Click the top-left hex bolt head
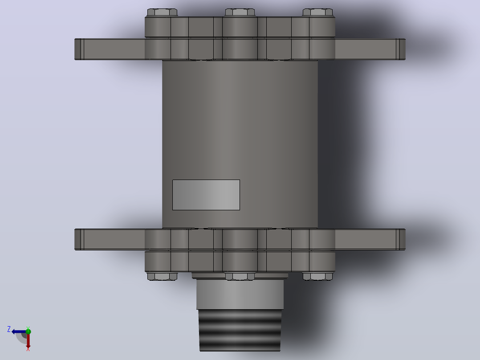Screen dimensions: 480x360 tap(162, 12)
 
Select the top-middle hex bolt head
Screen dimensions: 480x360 tap(240, 12)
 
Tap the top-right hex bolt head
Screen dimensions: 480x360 tap(318, 12)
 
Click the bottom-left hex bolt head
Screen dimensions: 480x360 tap(162, 276)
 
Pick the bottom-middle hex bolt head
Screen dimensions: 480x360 tap(240, 276)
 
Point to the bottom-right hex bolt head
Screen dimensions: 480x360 tap(318, 276)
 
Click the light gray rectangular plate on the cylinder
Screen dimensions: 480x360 tap(206, 195)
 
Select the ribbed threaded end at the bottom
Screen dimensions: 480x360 tap(240, 330)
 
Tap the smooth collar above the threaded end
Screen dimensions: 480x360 tap(240, 294)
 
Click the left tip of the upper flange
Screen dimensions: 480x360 tap(75, 49)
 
